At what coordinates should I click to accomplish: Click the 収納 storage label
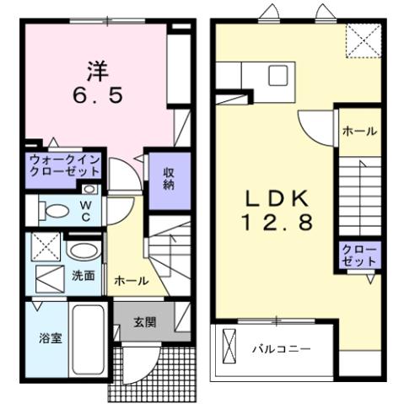[x=169, y=175]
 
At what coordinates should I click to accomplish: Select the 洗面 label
[x=82, y=276]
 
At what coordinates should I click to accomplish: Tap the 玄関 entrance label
[x=144, y=322]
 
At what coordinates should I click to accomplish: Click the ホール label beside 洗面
[x=131, y=280]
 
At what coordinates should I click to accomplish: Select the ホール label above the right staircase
[x=359, y=132]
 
